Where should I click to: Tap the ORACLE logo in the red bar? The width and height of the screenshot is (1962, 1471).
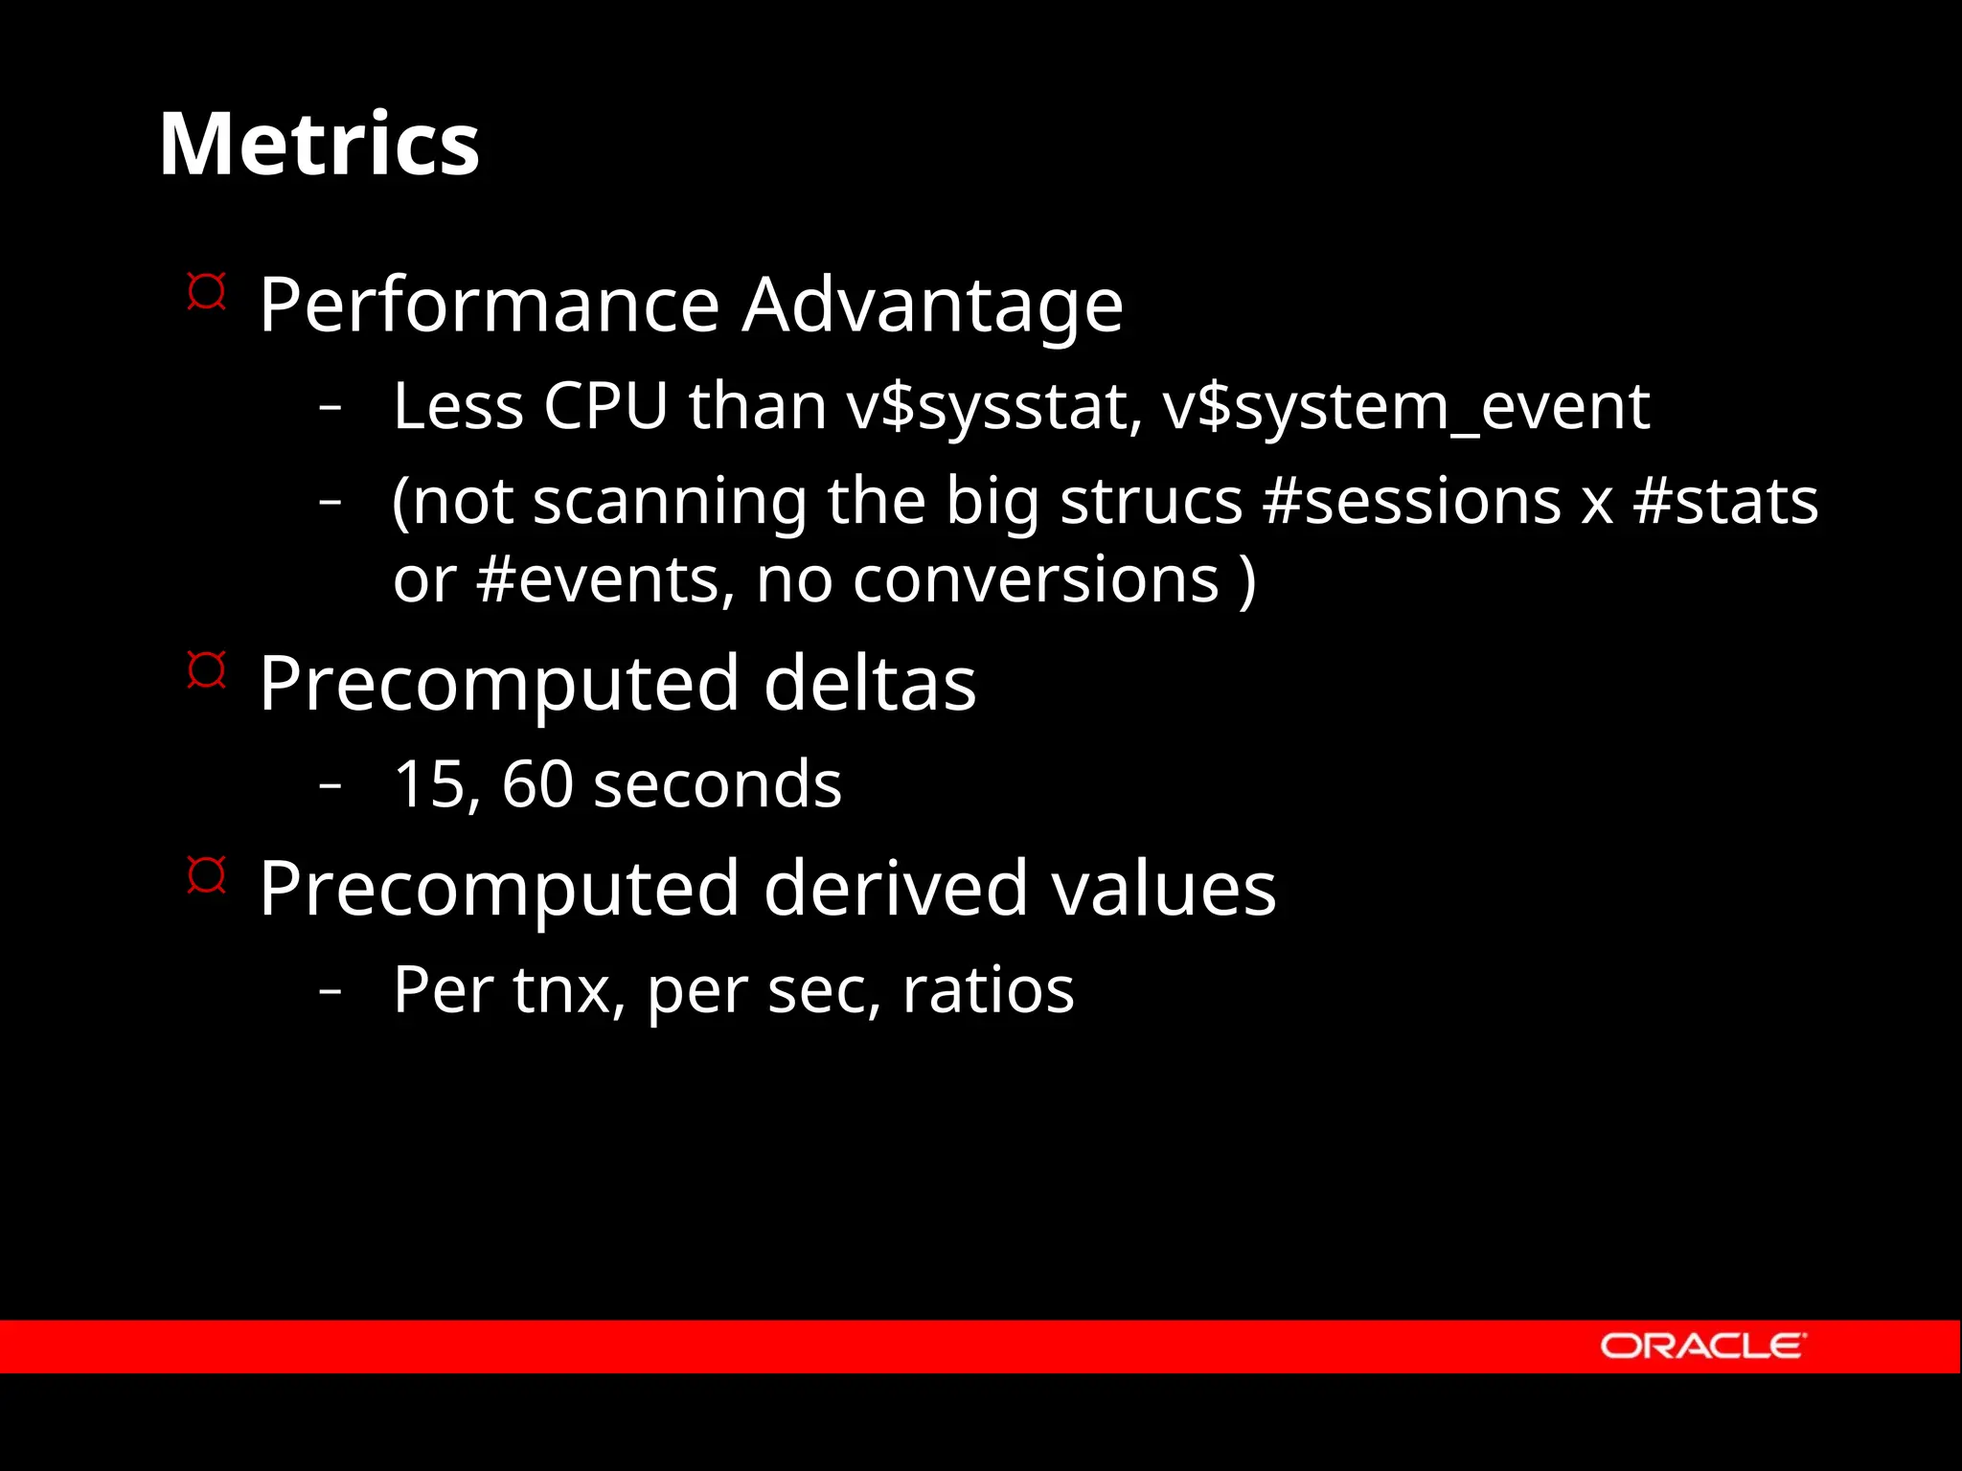coord(1701,1346)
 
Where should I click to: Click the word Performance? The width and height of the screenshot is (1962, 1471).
coord(489,306)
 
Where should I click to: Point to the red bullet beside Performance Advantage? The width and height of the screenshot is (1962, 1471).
coord(206,291)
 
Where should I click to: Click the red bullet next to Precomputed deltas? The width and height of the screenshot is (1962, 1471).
coord(206,669)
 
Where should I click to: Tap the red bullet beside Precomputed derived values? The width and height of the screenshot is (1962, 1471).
coord(206,874)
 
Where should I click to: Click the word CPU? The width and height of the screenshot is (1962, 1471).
coord(605,406)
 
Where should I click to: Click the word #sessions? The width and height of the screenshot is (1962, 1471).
coord(1412,501)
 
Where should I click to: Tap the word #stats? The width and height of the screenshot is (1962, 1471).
coord(1725,501)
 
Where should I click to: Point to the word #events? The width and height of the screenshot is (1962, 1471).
coord(605,580)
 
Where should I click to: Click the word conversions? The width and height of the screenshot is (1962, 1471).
coord(1036,580)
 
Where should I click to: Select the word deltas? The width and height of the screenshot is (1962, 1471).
coord(870,684)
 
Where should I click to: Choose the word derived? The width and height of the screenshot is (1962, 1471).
coord(896,889)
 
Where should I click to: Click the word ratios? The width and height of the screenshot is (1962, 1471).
coord(988,990)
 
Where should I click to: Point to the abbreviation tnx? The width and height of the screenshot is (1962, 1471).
coord(562,990)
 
